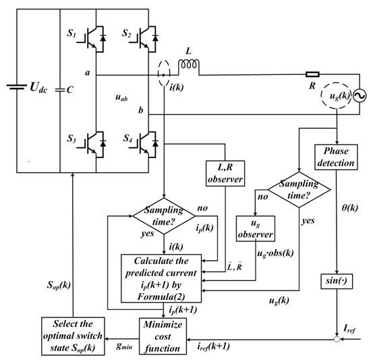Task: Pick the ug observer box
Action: coord(254,230)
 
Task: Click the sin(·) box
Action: coord(335,279)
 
